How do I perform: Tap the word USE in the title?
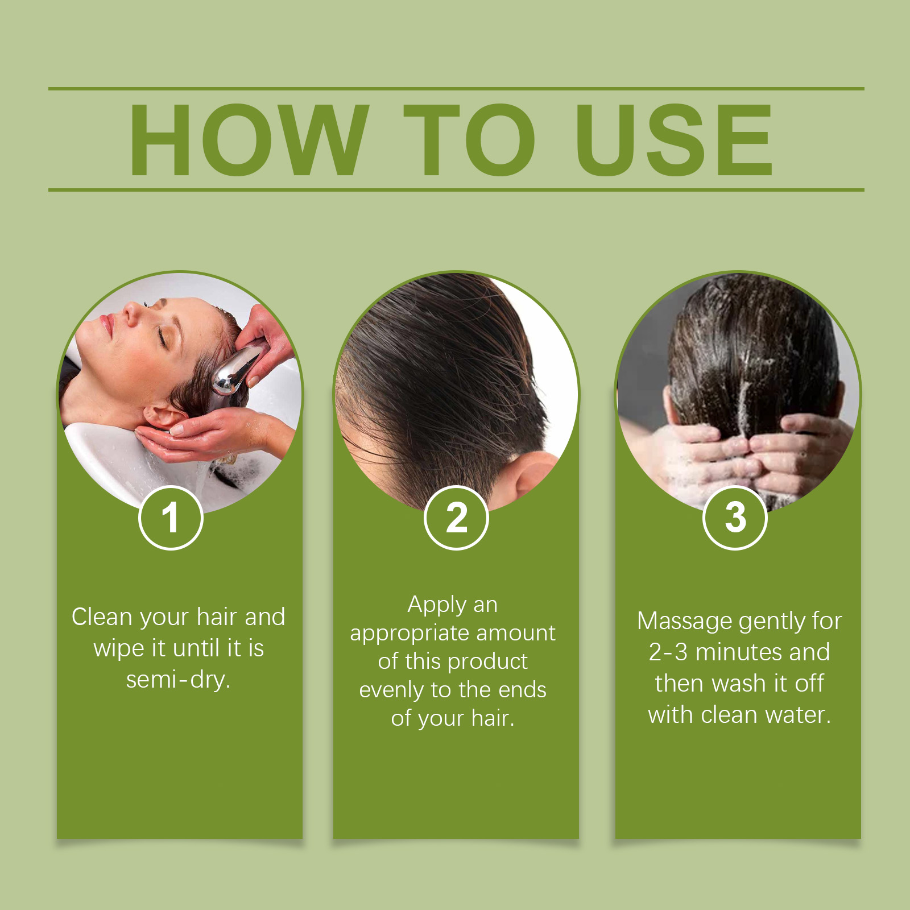coord(674,140)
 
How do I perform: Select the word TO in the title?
coord(469,140)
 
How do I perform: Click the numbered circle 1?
coord(171,518)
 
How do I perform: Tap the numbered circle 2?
coord(456,518)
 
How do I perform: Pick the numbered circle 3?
coord(735,518)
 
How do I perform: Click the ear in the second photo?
coord(535,475)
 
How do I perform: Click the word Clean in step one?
coord(102,617)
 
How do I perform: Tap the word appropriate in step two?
coord(409,634)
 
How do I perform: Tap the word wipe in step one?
coord(119,649)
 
